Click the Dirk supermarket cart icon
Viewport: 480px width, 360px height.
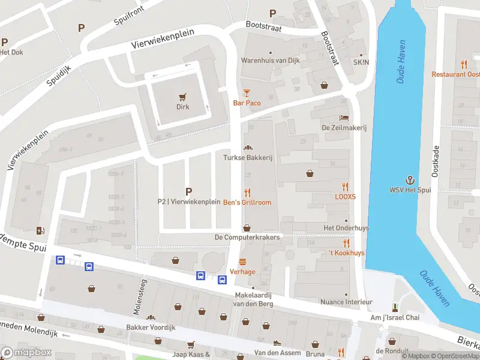tap(183, 97)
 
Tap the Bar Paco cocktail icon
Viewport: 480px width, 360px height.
tap(247, 92)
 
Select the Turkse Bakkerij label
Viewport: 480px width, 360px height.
tap(247, 157)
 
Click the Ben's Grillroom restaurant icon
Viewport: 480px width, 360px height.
tap(247, 192)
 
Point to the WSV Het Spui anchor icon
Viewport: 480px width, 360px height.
tap(410, 180)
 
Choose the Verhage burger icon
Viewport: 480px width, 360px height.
tap(243, 262)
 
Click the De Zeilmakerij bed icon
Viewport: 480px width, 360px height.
tap(343, 117)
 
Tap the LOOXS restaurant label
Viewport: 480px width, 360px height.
tap(345, 196)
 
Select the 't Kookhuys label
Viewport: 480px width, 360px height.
tap(346, 253)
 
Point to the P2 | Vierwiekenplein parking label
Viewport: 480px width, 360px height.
tap(189, 202)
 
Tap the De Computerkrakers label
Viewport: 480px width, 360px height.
tap(247, 238)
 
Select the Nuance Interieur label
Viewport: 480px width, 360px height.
tap(346, 302)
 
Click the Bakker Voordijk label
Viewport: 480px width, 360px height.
tap(150, 328)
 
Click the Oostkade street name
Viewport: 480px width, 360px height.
tap(436, 161)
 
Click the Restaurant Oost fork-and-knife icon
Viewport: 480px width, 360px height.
tap(464, 64)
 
